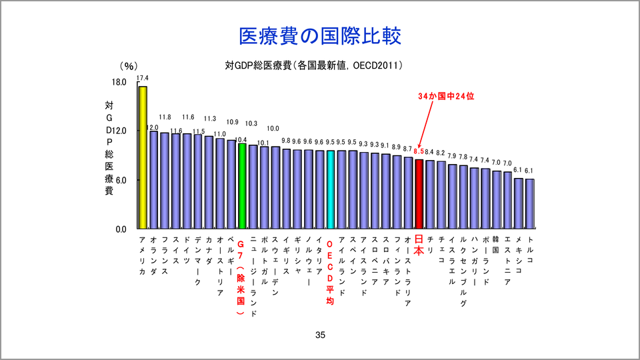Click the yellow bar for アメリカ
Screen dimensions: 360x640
143,157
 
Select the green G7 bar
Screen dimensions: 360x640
242,186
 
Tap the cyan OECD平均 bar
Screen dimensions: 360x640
331,189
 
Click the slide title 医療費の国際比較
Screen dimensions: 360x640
320,36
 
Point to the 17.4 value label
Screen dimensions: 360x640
143,78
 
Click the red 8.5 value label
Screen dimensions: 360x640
419,152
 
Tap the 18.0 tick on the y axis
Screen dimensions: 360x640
119,82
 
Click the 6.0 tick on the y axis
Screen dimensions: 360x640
121,180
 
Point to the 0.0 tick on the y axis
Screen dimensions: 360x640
121,229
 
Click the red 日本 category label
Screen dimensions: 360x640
419,245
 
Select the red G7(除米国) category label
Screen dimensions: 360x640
242,281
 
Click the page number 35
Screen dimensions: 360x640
320,335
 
